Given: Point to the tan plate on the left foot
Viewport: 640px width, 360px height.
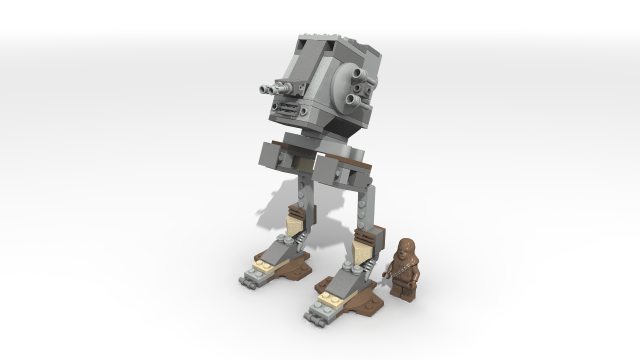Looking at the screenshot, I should click(x=262, y=262).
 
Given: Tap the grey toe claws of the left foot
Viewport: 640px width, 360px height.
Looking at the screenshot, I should click(x=247, y=274).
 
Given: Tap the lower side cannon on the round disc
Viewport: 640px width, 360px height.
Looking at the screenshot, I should click(x=354, y=101).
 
